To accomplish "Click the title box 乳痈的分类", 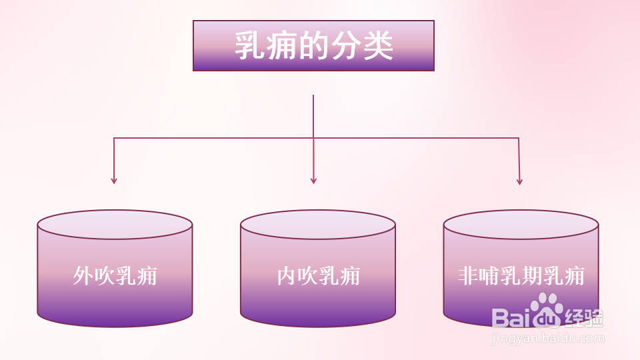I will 313,45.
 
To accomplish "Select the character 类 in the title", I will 378,46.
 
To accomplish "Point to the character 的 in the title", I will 314,46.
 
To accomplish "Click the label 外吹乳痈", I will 115,276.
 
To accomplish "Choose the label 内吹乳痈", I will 318,276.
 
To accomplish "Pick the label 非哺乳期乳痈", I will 521,276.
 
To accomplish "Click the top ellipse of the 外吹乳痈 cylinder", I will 115,225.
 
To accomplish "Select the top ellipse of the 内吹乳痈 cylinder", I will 318,225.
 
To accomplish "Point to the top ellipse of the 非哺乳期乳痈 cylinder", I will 521,225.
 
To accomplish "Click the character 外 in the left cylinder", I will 83,276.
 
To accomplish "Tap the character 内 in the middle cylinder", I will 287,276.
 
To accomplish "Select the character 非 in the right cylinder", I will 469,276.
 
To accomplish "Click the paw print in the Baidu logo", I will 547,308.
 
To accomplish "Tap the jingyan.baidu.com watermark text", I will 547,338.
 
